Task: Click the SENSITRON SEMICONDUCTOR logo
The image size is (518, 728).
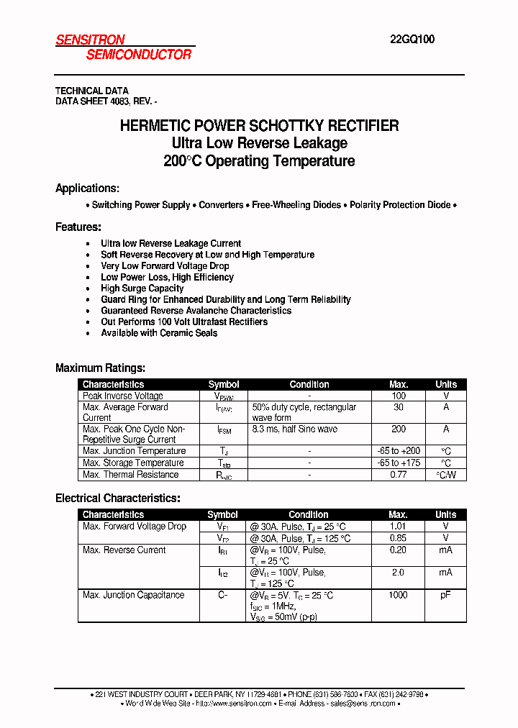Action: click(124, 47)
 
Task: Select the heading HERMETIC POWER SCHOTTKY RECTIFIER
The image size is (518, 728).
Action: click(259, 126)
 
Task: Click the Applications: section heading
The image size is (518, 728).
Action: click(87, 188)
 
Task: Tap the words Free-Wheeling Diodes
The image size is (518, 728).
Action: click(296, 205)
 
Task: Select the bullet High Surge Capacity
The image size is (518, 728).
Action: click(142, 288)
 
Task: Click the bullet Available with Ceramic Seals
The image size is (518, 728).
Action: click(159, 333)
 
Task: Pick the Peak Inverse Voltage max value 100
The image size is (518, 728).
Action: click(399, 396)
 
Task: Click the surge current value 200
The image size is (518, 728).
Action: click(399, 429)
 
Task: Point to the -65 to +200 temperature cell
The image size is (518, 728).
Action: click(399, 451)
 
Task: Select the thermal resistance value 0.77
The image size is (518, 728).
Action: click(399, 475)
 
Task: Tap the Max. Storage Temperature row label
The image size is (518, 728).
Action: click(133, 463)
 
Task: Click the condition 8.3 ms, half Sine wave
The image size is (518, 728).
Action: click(295, 429)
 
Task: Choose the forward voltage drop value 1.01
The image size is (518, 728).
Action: click(398, 527)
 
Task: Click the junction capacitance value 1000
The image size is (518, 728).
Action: click(398, 595)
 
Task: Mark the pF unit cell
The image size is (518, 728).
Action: click(446, 595)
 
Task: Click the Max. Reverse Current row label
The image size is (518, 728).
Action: click(124, 550)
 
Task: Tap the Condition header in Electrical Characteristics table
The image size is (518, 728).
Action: click(309, 515)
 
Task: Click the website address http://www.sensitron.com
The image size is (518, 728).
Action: click(235, 704)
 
